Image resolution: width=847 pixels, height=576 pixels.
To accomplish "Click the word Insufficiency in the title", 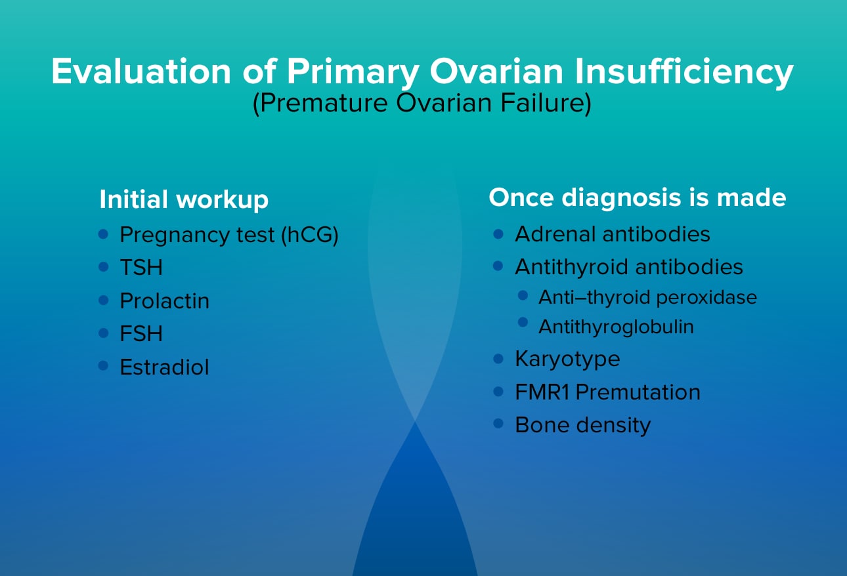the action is click(684, 72).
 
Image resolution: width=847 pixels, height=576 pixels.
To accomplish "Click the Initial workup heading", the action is click(184, 199).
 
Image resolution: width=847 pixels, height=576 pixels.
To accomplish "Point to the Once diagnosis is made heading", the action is click(638, 197).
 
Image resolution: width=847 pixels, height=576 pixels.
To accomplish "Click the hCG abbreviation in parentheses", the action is click(310, 235).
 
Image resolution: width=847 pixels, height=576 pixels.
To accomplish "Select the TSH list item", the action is click(141, 268).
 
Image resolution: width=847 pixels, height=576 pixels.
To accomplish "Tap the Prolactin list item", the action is click(165, 300).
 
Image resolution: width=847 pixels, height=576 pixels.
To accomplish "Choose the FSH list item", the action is click(141, 333).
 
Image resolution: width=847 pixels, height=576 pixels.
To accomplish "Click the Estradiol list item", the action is click(165, 367).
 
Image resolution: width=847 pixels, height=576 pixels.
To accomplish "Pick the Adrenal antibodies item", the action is click(613, 234).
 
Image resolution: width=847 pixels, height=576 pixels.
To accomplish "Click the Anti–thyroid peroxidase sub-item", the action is click(648, 297).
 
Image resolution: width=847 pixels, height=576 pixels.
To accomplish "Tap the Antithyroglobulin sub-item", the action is click(617, 327).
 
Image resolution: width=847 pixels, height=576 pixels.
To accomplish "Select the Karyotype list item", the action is click(567, 359).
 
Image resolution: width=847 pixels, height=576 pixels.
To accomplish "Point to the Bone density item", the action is click(583, 425).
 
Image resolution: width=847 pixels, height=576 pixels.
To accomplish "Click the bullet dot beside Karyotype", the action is click(498, 358).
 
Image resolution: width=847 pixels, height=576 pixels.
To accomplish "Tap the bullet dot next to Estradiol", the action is click(103, 365).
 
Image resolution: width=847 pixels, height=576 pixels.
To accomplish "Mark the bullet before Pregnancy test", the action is click(103, 234).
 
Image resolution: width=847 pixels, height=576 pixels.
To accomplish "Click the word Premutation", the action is click(638, 392).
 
